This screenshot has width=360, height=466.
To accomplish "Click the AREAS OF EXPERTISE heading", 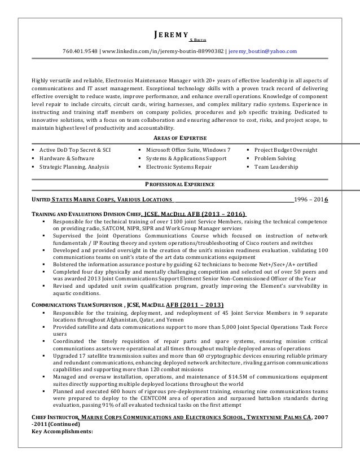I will click(180, 138).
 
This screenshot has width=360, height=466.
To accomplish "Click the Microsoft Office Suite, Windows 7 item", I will click(188, 150).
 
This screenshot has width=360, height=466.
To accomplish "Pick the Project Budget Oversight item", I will click(286, 150).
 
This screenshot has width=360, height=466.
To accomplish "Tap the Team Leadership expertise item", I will click(276, 167).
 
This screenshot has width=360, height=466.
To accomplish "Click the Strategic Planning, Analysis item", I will click(78, 167).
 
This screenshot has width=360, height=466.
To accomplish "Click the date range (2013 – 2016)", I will click(214, 215).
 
